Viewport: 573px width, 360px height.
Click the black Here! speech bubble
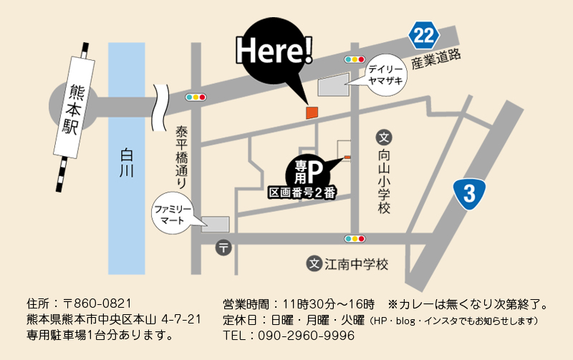275,50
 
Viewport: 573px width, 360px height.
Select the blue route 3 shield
469,193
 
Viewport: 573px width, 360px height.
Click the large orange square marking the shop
312,112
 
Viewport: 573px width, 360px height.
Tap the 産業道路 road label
435,60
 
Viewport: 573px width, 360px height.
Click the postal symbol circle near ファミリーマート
223,248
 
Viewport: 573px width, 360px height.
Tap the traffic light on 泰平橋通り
196,97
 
